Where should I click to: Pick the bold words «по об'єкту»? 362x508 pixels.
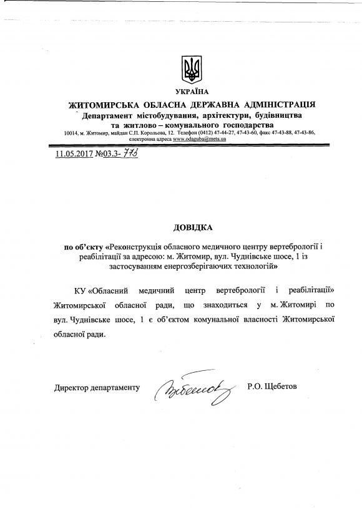(x=86, y=247)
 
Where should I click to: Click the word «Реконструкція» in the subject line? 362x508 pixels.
(x=135, y=247)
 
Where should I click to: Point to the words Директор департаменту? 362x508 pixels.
(x=97, y=388)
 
